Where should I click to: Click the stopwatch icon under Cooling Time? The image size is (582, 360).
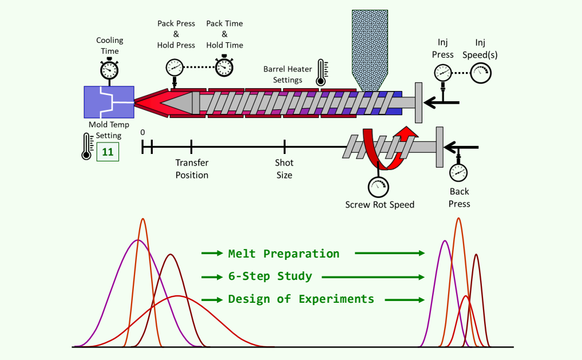point(109,69)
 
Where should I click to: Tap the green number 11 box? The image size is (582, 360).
point(107,152)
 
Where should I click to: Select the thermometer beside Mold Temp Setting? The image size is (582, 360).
point(88,147)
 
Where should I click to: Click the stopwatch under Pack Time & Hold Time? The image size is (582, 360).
point(224,66)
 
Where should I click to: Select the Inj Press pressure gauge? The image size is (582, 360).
point(442,73)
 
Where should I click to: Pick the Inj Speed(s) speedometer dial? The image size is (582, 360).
point(480,73)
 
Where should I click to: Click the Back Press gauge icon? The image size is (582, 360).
point(458,172)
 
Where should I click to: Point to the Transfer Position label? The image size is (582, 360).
point(192,169)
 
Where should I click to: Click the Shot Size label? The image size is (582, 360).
point(284,169)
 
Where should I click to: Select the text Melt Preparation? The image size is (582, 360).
point(283,254)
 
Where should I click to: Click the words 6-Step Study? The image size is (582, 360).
point(270,276)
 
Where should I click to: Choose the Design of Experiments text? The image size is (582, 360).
point(301,299)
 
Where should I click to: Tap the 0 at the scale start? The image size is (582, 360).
point(142,132)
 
